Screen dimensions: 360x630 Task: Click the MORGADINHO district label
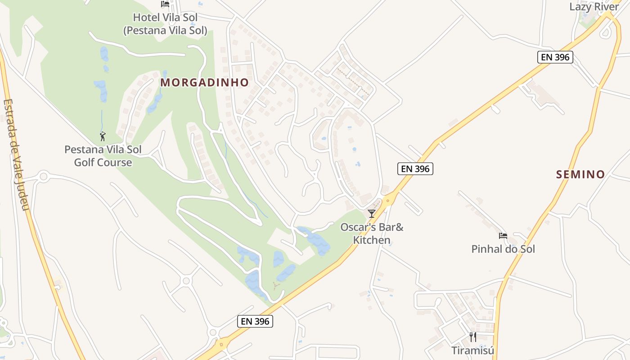(204, 83)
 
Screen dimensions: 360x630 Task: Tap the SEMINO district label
(580, 175)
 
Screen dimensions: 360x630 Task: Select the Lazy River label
(594, 7)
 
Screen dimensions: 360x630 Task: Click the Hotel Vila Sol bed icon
(165, 4)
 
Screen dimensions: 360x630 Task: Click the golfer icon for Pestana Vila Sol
(103, 136)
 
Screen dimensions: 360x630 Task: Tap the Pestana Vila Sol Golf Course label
(103, 156)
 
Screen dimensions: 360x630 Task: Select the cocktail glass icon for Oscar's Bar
(371, 213)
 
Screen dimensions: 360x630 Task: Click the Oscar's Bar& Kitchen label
(372, 234)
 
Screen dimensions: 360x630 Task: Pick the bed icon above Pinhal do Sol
(503, 236)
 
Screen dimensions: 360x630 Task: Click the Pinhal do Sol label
(503, 249)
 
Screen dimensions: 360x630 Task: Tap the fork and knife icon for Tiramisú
(472, 337)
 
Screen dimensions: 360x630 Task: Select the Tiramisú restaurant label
(472, 351)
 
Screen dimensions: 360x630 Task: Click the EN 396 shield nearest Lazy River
(555, 57)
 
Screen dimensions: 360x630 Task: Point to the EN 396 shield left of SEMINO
(415, 169)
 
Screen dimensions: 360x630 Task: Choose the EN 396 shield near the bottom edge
(255, 321)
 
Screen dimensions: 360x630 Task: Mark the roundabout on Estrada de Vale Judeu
(43, 176)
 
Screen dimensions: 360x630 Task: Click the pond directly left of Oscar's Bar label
(318, 241)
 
